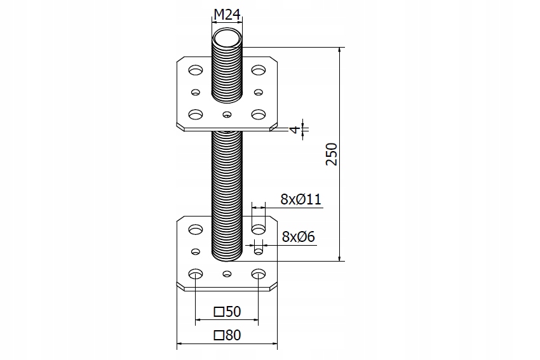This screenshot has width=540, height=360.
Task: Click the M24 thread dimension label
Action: click(227, 15)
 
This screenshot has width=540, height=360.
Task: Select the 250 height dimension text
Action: click(331, 154)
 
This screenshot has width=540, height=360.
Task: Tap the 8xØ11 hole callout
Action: click(301, 200)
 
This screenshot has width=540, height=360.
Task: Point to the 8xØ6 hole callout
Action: click(299, 237)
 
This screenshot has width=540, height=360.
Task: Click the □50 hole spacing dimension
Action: click(227, 311)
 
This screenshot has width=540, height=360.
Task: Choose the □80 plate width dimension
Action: click(227, 336)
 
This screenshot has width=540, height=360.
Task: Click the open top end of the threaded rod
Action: click(227, 39)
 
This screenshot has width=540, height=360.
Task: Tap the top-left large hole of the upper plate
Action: click(196, 69)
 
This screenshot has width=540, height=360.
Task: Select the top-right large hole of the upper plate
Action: click(258, 69)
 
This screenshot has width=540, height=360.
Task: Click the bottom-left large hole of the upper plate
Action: click(196, 114)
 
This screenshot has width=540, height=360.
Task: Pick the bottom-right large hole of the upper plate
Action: click(258, 114)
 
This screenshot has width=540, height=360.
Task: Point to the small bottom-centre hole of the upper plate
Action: click(227, 115)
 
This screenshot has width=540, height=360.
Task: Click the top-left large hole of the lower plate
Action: click(196, 228)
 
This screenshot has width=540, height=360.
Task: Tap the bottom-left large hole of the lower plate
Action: click(196, 274)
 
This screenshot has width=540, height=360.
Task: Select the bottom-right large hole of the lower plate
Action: click(258, 274)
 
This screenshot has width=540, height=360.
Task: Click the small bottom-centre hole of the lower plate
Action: click(227, 274)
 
